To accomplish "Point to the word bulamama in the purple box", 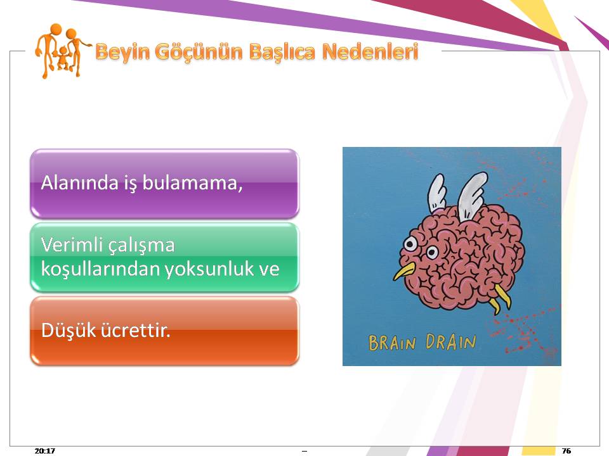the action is point(192,182).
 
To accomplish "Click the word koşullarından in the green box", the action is point(101,269).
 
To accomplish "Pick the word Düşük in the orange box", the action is point(69,330).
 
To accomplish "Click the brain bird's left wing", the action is point(436,193).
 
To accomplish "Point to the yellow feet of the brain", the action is point(500,298).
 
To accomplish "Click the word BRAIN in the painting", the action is point(392,343).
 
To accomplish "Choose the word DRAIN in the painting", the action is point(450,341).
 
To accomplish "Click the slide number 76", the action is point(566,450).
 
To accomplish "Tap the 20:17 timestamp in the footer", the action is point(44,450).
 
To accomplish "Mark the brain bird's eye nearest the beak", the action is point(410,244).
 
